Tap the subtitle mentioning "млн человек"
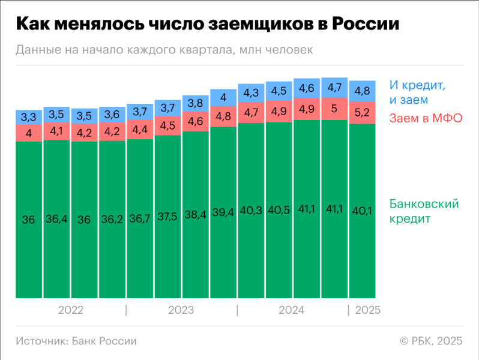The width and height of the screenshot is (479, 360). click(164, 50)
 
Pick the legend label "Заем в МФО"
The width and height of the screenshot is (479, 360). click(426, 118)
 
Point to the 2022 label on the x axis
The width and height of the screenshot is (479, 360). click(71, 310)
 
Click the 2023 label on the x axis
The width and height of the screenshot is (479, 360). click(181, 310)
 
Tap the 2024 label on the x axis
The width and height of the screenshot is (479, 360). click(292, 310)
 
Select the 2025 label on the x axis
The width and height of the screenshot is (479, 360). click(368, 310)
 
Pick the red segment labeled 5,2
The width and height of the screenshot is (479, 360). click(362, 112)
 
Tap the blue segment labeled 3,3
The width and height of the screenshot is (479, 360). click(28, 117)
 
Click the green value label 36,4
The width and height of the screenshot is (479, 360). click(56, 220)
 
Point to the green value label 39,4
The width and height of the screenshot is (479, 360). click(223, 214)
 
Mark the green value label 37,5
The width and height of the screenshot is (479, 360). click(167, 217)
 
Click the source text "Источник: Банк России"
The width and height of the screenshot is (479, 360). click(76, 341)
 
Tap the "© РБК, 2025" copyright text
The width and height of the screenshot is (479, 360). click(431, 341)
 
